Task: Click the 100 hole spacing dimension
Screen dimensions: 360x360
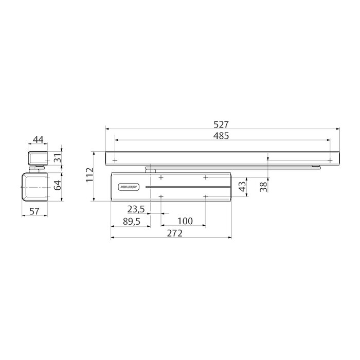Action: [x=184, y=221]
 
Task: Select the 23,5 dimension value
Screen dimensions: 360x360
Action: [x=136, y=209]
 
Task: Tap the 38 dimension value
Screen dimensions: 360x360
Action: [x=263, y=186]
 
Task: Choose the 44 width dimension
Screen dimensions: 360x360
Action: [x=38, y=139]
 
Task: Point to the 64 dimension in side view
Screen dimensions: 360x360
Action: [x=57, y=185]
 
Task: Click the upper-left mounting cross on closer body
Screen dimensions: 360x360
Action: [x=161, y=177]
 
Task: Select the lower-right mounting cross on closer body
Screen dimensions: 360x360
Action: [x=205, y=197]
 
